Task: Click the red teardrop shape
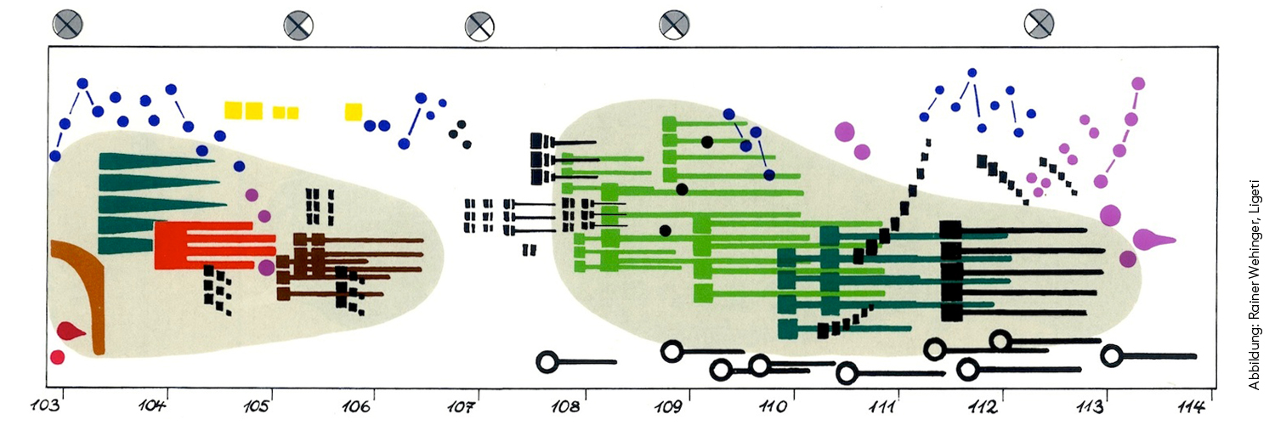(x=68, y=331)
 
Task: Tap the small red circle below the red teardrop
(x=57, y=357)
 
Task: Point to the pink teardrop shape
(x=1152, y=240)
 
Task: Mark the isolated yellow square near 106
(x=354, y=111)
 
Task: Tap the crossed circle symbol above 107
(x=479, y=26)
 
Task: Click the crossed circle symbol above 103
(x=67, y=24)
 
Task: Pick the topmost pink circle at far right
(x=1138, y=83)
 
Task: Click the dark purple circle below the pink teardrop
(x=1128, y=259)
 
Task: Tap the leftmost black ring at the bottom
(x=547, y=362)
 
